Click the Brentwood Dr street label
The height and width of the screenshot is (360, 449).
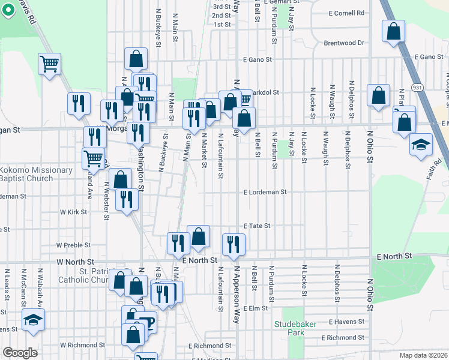tap(345, 43)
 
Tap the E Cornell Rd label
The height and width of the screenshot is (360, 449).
tap(347, 13)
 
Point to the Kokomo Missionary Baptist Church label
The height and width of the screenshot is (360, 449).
tap(36, 174)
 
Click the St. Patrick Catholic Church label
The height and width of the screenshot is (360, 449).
tap(83, 275)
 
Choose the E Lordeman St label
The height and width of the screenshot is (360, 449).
tap(265, 192)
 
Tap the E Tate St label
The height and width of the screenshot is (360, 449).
tap(258, 226)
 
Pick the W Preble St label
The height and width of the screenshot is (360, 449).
tap(73, 245)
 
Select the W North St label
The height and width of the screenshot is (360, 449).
tap(76, 262)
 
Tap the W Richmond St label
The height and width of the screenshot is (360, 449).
tap(82, 345)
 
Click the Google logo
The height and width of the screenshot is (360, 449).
tap(20, 353)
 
